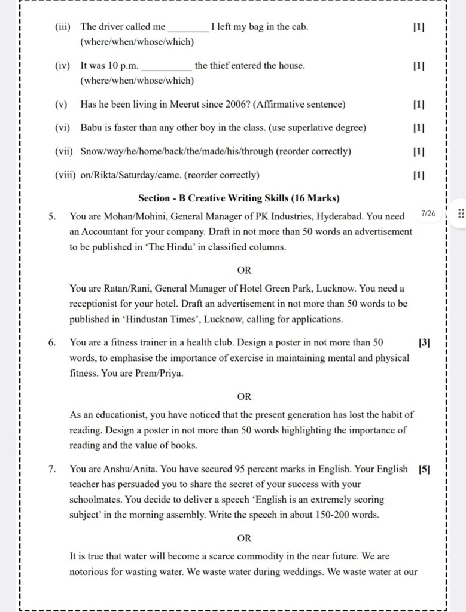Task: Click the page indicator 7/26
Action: point(429,213)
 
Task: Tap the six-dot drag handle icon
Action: point(461,214)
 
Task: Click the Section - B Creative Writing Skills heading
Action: point(239,198)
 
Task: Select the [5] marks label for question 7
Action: point(424,469)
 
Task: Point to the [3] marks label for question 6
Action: point(424,342)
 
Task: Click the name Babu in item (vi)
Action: point(91,128)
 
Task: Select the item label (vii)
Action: point(64,151)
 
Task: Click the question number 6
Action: point(53,342)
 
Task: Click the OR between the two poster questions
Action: point(244,396)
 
